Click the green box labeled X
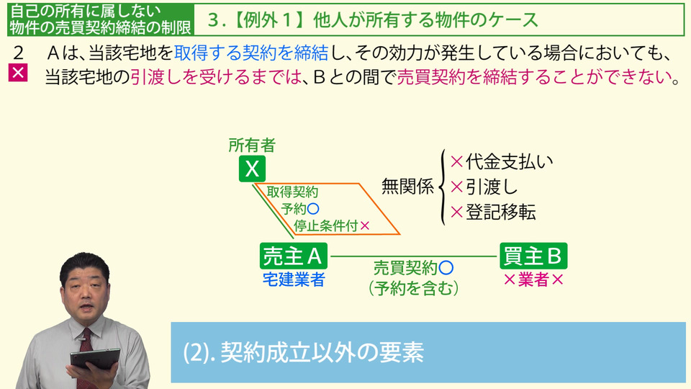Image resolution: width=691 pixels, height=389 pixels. point(252,169)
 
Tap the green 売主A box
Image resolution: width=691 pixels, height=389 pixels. point(294,256)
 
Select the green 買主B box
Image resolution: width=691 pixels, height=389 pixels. point(533,256)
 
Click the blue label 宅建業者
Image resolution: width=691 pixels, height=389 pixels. point(294,280)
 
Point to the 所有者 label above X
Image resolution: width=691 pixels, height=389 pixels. point(252,145)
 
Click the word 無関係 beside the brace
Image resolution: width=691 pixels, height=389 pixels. point(407,186)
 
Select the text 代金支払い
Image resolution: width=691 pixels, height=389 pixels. point(509,162)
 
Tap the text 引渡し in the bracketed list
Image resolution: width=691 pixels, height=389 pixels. point(492,187)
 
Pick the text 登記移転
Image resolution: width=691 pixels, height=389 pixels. point(501,213)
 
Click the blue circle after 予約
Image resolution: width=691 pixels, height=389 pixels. point(313,209)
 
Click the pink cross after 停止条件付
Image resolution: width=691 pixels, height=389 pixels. point(364,225)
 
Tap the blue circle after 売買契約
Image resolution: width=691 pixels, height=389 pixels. point(446,268)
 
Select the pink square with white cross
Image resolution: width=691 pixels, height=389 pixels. point(18,73)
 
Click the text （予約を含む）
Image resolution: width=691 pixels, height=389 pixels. point(413,288)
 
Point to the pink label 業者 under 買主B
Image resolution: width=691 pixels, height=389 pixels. point(533,280)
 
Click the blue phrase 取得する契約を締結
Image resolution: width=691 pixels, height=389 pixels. point(251,53)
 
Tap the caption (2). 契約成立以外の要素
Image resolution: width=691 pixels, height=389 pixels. point(303,352)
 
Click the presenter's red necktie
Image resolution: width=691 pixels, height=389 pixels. point(86,353)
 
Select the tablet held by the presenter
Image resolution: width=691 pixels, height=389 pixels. point(95,359)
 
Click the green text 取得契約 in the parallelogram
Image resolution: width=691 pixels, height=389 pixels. point(292,192)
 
